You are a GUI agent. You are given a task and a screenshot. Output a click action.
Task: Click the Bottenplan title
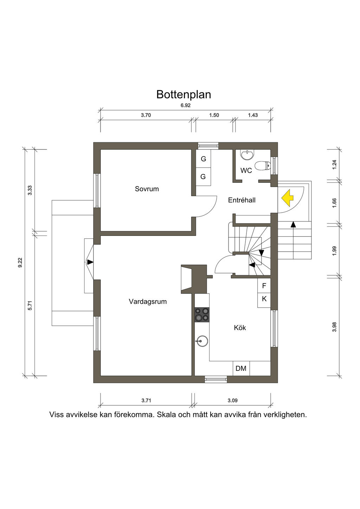[184, 95]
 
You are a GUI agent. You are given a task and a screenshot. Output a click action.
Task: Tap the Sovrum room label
[147, 189]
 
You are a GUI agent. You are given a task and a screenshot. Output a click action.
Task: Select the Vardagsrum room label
[148, 302]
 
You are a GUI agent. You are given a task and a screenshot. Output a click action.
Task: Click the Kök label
[240, 328]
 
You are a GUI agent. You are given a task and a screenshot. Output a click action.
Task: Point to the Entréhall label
[242, 200]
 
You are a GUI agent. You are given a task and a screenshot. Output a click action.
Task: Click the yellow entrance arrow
[288, 198]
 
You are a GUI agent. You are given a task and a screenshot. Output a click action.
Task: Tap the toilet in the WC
[263, 166]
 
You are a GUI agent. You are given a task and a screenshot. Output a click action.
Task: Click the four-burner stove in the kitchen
[202, 315]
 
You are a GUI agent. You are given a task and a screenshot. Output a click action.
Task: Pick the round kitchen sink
[202, 341]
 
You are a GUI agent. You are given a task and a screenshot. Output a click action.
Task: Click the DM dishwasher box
[241, 368]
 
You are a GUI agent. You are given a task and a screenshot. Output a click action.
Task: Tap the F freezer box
[264, 286]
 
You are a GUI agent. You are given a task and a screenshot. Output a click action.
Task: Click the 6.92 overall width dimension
[186, 105]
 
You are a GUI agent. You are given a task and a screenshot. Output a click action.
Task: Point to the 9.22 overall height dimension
[20, 263]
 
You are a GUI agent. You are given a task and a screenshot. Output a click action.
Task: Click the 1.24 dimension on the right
[334, 165]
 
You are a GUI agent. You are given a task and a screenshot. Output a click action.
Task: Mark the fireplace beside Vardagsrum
[194, 279]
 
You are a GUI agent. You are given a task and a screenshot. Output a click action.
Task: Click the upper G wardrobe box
[204, 159]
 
